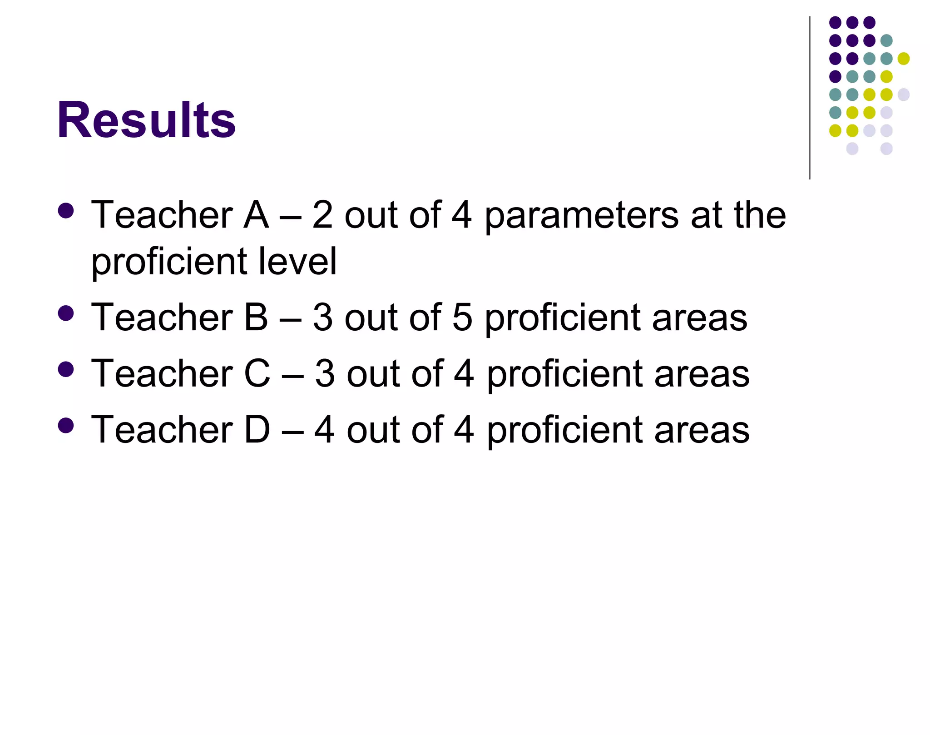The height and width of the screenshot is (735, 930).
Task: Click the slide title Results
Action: tap(146, 120)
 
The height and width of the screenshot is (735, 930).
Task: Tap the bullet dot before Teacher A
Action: tap(66, 210)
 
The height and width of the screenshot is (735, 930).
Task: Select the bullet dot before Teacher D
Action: tap(66, 425)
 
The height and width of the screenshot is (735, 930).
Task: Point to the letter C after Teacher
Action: tap(257, 373)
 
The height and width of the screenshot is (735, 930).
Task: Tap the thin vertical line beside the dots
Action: tap(810, 98)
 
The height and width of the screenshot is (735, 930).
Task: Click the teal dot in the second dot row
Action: tap(886, 40)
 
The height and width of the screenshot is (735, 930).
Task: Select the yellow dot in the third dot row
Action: tap(904, 59)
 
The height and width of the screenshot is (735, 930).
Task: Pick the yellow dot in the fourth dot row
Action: tap(886, 76)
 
